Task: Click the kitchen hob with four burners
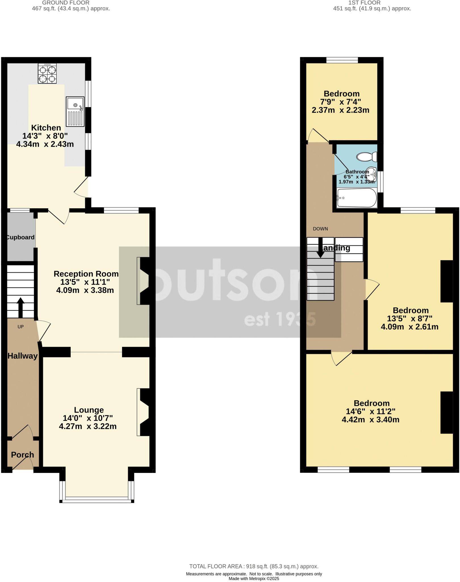pos(47,73)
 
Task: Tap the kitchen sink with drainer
pos(75,111)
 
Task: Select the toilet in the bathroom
pos(367,156)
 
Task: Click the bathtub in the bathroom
pos(357,198)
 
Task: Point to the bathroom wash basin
pos(371,174)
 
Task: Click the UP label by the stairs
pos(20,327)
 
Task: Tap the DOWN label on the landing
pos(320,229)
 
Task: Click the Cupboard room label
pos(20,237)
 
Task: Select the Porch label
pos(22,455)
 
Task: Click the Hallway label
pos(22,356)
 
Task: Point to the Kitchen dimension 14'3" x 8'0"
pos(45,136)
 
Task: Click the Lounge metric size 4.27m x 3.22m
pos(88,426)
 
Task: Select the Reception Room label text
pos(86,274)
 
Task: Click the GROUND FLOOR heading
pos(66,3)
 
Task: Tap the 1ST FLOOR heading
pos(365,3)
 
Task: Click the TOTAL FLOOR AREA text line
pos(254,566)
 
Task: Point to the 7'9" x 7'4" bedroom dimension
pos(340,102)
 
